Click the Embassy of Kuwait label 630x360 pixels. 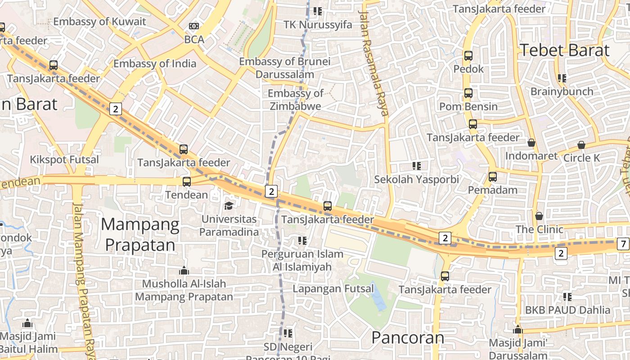99,21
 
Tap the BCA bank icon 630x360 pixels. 194,27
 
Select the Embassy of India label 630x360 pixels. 155,63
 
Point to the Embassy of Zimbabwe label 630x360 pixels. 295,100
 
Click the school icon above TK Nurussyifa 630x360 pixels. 318,11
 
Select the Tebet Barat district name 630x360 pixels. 564,50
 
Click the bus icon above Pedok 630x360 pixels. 468,56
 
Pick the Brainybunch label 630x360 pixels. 562,91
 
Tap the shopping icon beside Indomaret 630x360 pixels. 531,143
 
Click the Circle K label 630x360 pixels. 581,158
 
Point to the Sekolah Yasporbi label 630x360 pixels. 417,179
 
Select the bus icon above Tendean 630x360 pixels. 186,182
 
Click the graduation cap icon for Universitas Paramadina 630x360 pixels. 229,206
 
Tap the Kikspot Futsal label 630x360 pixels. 64,159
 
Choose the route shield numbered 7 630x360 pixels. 623,244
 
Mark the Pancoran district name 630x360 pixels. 408,337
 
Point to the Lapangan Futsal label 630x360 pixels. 333,288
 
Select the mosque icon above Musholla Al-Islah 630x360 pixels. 184,270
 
